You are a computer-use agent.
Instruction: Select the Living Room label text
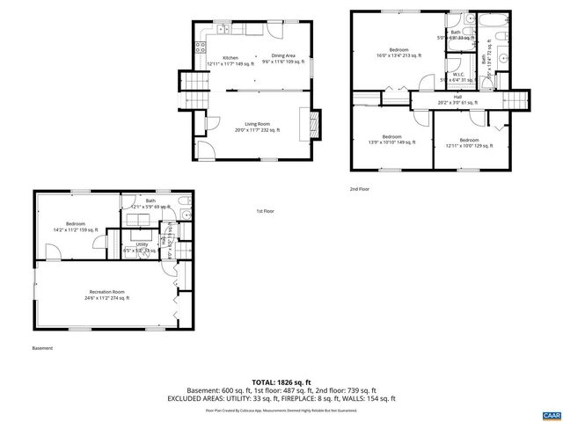[257, 127]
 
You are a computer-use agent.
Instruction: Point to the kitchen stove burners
[201, 47]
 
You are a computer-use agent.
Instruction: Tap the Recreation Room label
[106, 295]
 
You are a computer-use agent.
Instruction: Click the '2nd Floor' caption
[359, 189]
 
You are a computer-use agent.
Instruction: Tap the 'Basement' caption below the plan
[42, 348]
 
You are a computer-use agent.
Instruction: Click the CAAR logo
[551, 414]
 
